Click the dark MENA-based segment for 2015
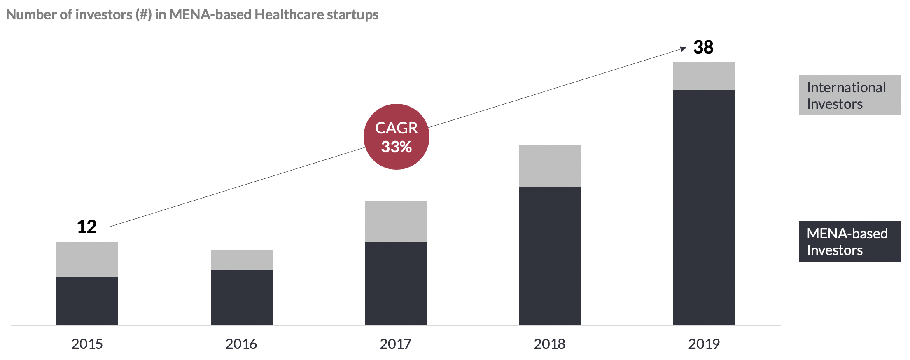(x=87, y=301)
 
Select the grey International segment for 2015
(x=87, y=259)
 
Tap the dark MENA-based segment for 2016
(x=242, y=297)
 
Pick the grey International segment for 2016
(x=242, y=259)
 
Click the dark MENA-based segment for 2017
(x=396, y=283)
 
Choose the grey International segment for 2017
(x=396, y=221)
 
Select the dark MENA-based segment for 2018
(x=550, y=256)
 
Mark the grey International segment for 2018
(x=550, y=166)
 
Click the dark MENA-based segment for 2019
(x=704, y=207)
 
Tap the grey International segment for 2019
(x=704, y=75)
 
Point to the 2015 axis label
(x=87, y=344)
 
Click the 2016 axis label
(x=241, y=344)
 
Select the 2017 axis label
(x=395, y=344)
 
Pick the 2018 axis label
(x=550, y=344)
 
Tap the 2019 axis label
(x=704, y=344)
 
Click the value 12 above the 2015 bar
(x=87, y=227)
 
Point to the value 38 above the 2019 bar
(x=703, y=47)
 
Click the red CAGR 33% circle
(x=397, y=137)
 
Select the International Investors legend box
(x=850, y=95)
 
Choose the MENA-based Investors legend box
(x=850, y=241)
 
